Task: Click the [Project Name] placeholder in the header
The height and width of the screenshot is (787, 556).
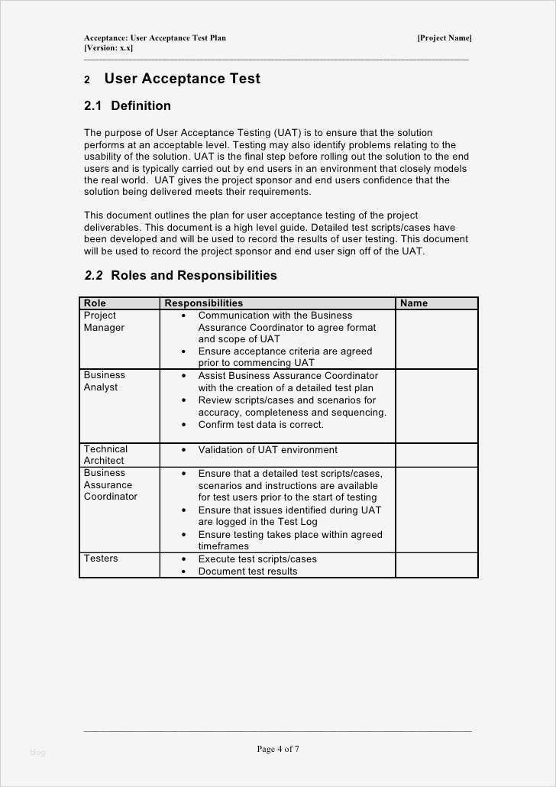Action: click(x=444, y=38)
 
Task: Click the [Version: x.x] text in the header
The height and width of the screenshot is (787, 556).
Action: click(x=108, y=48)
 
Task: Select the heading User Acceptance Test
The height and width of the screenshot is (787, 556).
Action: click(x=182, y=79)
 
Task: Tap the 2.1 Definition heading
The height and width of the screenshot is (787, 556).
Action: click(x=128, y=105)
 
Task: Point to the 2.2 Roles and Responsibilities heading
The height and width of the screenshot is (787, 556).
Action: click(x=180, y=275)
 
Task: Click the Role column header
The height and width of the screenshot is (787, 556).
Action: click(x=95, y=303)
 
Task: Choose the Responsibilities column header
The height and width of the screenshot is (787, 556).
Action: click(x=203, y=303)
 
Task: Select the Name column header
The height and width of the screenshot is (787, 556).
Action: click(x=414, y=303)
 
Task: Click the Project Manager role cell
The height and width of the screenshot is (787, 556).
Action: click(x=104, y=322)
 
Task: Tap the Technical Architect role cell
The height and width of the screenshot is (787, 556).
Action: click(x=105, y=455)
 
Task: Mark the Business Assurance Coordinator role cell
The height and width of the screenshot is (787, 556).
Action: click(x=110, y=484)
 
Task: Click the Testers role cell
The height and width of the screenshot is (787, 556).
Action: click(x=101, y=559)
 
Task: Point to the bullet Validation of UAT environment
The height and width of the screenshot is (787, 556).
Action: click(x=267, y=450)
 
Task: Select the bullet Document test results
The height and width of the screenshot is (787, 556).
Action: click(x=247, y=572)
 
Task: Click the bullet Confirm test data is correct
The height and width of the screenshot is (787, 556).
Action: click(x=260, y=425)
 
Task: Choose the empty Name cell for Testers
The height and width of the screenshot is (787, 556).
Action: click(x=436, y=565)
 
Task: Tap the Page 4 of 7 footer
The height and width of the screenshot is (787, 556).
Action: click(x=278, y=750)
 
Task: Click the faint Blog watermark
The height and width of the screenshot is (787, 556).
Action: click(x=38, y=753)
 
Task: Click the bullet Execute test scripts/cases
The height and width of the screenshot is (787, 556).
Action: click(x=257, y=559)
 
